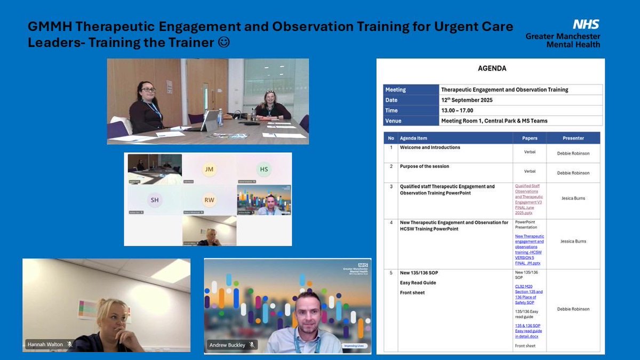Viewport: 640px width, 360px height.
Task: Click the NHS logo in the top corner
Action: coord(586,24)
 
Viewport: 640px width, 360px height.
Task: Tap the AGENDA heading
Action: coord(492,68)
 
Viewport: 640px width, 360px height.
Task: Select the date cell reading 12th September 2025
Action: coord(467,100)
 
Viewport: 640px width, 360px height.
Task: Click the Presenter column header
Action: coord(573,138)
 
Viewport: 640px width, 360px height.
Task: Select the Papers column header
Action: coord(530,138)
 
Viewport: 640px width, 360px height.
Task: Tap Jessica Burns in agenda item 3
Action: coord(573,198)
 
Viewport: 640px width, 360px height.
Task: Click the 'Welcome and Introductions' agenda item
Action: coord(430,148)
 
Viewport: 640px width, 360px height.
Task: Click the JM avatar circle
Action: coord(209,170)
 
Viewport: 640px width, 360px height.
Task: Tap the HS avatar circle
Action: coord(264,170)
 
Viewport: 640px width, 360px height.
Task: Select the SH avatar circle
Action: coord(154,199)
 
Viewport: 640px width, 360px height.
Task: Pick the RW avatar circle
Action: coord(209,200)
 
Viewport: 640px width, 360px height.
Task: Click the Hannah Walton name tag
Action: coord(45,345)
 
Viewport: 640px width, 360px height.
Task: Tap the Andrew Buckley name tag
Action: coord(227,345)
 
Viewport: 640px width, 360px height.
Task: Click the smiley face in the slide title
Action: coord(225,42)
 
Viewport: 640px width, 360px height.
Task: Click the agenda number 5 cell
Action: coord(391,273)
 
